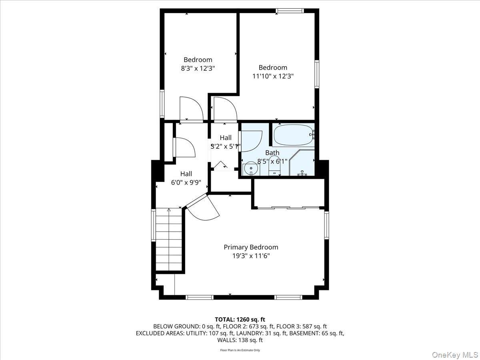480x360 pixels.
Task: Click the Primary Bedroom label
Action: pos(251,247)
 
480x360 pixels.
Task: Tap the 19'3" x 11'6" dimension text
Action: pos(251,256)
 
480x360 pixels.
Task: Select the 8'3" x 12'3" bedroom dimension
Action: pos(198,68)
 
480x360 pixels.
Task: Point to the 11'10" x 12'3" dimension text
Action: pos(273,76)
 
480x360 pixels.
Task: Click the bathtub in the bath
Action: pos(293,136)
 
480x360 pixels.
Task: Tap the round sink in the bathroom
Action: pos(250,168)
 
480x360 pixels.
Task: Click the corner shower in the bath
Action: pos(302,164)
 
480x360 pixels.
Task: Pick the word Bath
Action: pos(272,153)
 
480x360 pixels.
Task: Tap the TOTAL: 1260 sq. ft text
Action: pos(240,319)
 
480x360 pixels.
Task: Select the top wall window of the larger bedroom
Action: pos(290,11)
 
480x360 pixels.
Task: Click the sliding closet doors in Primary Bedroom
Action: pos(288,208)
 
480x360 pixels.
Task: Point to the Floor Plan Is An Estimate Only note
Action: pos(240,350)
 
